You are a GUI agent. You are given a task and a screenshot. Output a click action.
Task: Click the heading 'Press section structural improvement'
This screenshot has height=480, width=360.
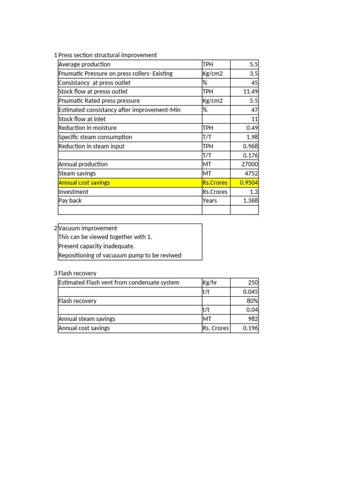pos(107,55)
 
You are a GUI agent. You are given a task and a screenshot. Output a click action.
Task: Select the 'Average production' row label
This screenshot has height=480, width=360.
pos(84,64)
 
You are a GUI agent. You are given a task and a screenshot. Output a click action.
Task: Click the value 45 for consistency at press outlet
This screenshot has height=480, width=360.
pos(254,82)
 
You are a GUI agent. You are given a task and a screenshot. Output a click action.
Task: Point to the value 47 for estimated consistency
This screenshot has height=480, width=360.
pos(254,110)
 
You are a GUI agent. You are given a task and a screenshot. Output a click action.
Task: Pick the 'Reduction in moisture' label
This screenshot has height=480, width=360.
pos(87,128)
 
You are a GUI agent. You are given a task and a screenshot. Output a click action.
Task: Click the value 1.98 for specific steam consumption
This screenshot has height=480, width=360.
pos(252,137)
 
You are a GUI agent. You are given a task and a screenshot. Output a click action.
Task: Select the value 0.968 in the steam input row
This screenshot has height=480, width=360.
pos(250,146)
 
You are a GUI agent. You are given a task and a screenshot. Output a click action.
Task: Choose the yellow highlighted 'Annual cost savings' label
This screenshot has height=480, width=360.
pos(84,183)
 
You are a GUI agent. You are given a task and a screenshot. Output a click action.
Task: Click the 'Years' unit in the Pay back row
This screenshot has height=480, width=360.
pos(210,201)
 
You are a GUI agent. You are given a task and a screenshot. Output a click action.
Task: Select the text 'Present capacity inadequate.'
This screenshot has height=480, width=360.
pos(96,246)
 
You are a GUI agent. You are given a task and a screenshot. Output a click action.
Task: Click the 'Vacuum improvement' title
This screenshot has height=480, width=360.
pos(88,228)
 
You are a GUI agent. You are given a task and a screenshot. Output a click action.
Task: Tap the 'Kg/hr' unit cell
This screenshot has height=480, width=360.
pos(210,283)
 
